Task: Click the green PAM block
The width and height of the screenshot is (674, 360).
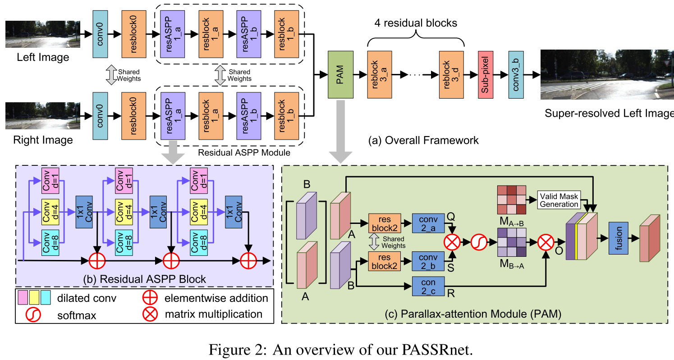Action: point(341,74)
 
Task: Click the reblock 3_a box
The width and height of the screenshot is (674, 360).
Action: point(379,74)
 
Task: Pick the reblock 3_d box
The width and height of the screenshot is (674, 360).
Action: point(451,74)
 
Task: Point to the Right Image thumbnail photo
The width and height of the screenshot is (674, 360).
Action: point(43,116)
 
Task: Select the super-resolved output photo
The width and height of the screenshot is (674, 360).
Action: point(607,74)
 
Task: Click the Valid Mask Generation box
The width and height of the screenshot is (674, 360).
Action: point(559,200)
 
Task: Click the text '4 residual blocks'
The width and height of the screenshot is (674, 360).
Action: point(415,23)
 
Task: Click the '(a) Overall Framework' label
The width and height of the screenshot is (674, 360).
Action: point(424,140)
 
